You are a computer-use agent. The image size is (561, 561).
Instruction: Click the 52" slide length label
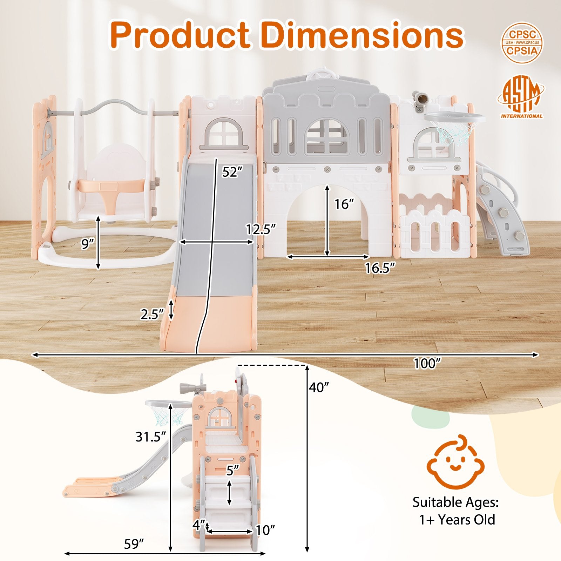232,172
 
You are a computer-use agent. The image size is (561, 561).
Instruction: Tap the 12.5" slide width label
261,229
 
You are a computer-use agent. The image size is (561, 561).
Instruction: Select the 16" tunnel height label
344,204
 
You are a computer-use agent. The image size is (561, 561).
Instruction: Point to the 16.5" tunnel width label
380,268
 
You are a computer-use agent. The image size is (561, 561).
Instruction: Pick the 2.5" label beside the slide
152,314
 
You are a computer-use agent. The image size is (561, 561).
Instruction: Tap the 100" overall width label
427,364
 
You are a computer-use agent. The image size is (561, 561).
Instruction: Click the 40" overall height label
319,387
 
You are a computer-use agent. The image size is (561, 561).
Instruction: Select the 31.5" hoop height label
150,437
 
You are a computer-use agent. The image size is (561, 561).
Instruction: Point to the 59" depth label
134,544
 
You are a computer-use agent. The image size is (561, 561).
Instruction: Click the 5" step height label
232,470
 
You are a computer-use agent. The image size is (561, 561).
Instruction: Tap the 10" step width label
265,530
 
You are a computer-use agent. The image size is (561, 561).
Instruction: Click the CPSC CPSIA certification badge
522,43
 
